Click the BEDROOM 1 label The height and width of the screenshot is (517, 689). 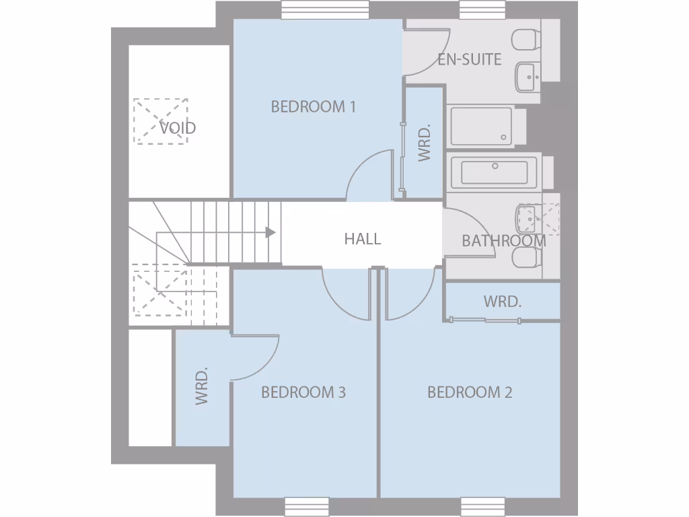pos(313,106)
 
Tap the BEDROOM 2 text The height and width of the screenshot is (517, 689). pos(470,392)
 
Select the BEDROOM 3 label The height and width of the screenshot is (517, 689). pos(303,392)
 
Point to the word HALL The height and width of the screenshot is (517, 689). pos(362,238)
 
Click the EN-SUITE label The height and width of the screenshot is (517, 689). pos(469,59)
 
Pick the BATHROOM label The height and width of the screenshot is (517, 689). pos(503,241)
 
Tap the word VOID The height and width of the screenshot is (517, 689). pos(178,127)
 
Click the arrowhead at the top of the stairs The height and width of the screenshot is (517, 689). pos(270,232)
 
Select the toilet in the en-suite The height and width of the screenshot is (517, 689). pos(525,40)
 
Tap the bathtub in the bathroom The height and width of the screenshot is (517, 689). pos(495,172)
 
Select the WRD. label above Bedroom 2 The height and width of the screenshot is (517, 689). pos(502,302)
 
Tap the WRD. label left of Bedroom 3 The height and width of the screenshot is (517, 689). pos(202,387)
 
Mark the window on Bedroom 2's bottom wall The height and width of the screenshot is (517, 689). pos(482,506)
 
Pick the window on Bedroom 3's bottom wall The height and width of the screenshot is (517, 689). pos(306,506)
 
